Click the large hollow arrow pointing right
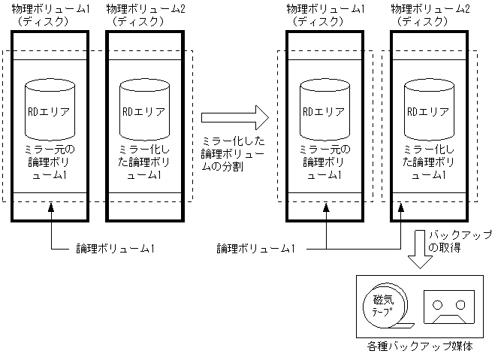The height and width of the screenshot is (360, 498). click(x=234, y=116)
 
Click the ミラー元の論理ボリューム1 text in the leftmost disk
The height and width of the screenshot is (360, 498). click(x=49, y=162)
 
